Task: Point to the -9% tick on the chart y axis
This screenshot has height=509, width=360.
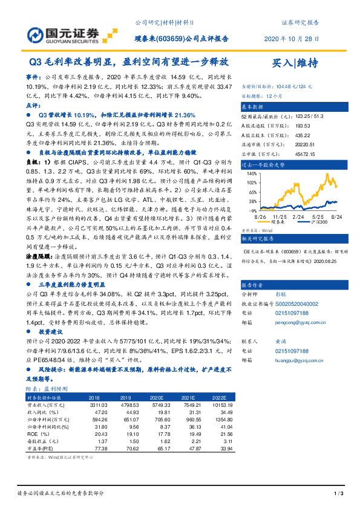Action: tap(250, 210)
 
